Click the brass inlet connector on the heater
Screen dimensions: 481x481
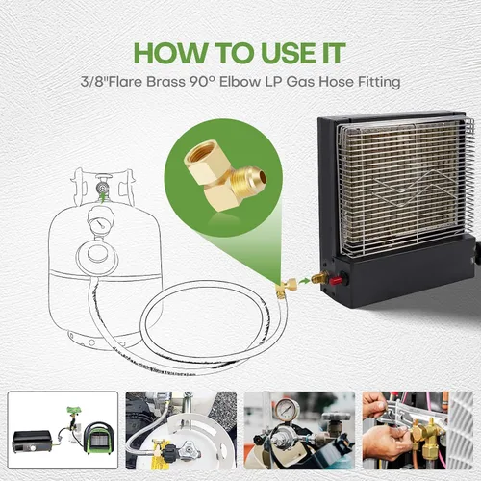pos(320,278)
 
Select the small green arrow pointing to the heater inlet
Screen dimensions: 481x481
pos(304,281)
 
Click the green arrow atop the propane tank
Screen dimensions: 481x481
pos(103,196)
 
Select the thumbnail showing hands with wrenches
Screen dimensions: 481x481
pos(418,430)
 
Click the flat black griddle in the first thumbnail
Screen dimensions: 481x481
pos(32,442)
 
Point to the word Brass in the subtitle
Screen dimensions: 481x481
pos(166,82)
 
